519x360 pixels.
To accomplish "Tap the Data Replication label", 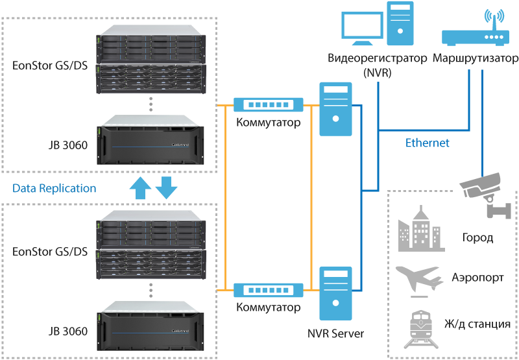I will click(x=54, y=188).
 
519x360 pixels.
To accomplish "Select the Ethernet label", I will click(x=427, y=143).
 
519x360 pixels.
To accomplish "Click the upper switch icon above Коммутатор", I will click(x=268, y=104).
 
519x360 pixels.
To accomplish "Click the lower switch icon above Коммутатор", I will click(x=268, y=290).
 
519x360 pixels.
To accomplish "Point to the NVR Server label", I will click(x=335, y=334).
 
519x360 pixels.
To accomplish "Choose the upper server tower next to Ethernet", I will click(x=335, y=108).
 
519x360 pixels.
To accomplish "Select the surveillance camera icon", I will click(x=483, y=191).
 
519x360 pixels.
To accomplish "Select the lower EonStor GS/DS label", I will click(x=50, y=251).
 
